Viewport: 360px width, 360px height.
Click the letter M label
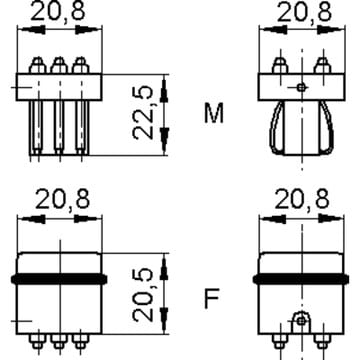(214, 113)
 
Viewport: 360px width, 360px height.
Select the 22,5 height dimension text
(143, 113)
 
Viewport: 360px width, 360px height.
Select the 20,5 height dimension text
(143, 295)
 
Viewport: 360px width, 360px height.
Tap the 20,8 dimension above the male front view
(58, 12)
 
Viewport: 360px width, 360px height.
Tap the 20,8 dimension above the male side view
(305, 13)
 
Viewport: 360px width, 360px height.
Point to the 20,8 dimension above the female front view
(63, 200)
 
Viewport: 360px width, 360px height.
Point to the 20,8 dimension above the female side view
(302, 200)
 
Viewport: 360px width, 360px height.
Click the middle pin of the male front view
(59, 128)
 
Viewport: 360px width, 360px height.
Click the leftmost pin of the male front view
(36, 128)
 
